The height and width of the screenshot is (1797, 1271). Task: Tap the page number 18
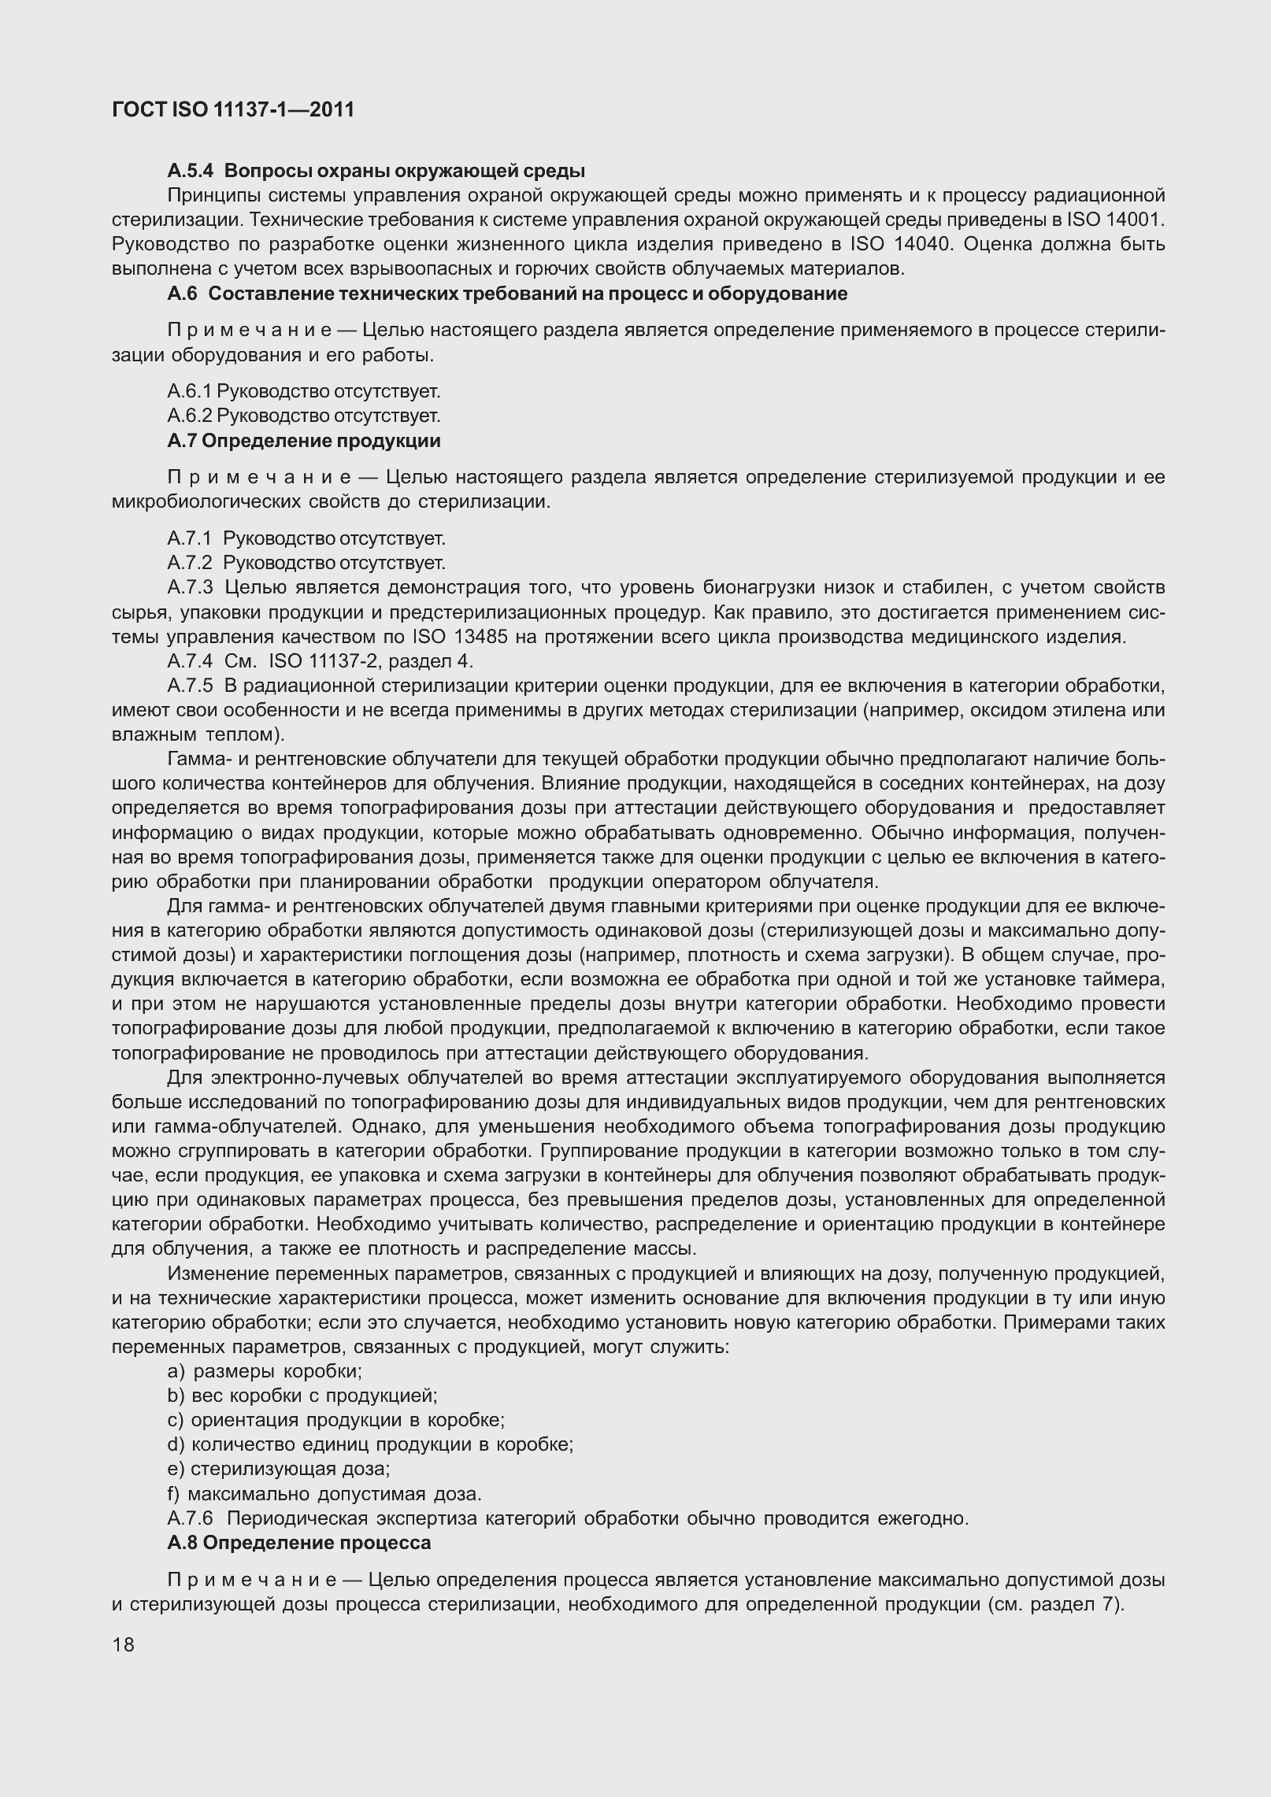pos(124,1644)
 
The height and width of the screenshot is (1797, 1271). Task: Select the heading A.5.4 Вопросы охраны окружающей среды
pos(376,171)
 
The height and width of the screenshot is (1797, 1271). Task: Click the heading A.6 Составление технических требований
pos(507,294)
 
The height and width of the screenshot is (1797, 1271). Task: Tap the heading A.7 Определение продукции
pos(304,441)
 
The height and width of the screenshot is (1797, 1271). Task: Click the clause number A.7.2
pos(190,564)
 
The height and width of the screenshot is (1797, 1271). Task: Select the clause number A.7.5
pos(190,686)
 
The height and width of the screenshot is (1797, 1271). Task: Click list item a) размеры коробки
pos(265,1371)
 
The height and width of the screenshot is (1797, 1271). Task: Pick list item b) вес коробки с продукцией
pos(302,1396)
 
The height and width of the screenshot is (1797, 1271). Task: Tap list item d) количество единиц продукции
pos(370,1444)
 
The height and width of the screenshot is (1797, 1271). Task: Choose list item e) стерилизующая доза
pos(279,1469)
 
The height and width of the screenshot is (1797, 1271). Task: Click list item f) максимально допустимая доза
pos(324,1494)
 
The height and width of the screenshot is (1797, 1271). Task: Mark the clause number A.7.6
pos(190,1518)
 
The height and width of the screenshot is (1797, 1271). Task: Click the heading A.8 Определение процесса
pos(299,1543)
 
